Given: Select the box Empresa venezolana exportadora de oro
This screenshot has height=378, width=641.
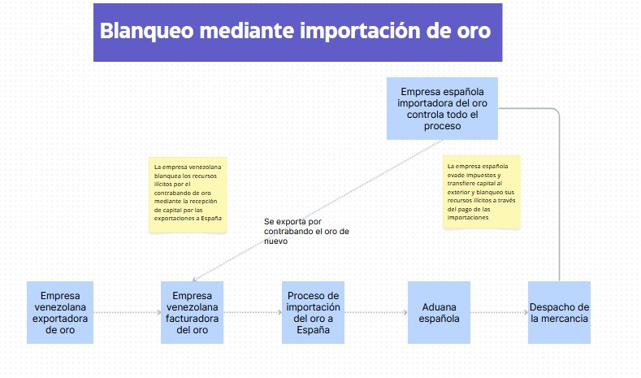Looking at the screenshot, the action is pos(60,312).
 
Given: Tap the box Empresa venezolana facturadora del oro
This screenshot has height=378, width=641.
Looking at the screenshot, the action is pos(192,312).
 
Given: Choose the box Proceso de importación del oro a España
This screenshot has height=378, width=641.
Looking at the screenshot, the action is pos(313,312).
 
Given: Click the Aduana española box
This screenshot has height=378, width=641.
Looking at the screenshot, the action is pos(439,312).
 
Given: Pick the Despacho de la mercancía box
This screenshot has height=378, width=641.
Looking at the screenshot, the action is pos(559,312).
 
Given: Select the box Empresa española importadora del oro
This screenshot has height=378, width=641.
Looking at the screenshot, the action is pos(442,108).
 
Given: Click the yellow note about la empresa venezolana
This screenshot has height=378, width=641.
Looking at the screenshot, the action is pos(188,195).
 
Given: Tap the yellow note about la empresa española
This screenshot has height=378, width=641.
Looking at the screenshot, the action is pos(482,192).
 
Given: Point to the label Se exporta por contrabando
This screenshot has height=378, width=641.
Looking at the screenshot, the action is pos(306,231).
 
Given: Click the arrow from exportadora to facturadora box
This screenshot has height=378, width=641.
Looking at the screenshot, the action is pos(127,312).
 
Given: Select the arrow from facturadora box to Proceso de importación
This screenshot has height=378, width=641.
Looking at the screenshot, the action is pos(253,312).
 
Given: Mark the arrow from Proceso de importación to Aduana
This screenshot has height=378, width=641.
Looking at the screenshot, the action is pos(376,312).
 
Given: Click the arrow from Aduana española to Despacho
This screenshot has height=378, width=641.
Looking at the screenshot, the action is pos(499,312).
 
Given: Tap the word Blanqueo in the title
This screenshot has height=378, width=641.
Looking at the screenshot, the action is pos(147,32).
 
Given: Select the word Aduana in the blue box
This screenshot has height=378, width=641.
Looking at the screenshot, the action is pos(439,306).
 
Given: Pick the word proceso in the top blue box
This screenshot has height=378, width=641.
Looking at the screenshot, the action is pos(442,126).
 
